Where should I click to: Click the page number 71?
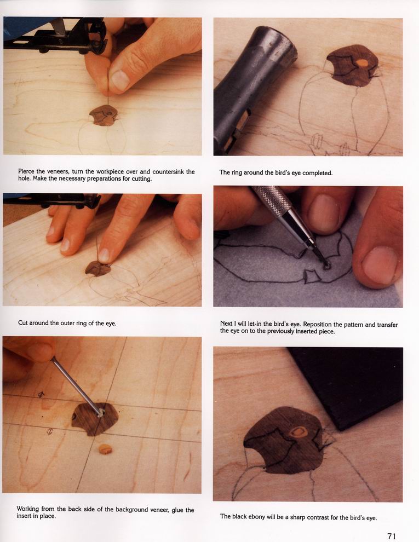392,536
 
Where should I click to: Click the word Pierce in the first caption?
26,171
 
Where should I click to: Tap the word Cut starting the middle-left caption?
22,323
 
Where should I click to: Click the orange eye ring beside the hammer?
361,63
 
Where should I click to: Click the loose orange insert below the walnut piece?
105,449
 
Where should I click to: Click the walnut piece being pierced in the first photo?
103,116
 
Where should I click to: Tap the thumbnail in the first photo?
120,80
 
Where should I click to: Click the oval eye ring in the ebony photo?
297,432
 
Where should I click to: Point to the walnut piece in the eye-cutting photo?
97,268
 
